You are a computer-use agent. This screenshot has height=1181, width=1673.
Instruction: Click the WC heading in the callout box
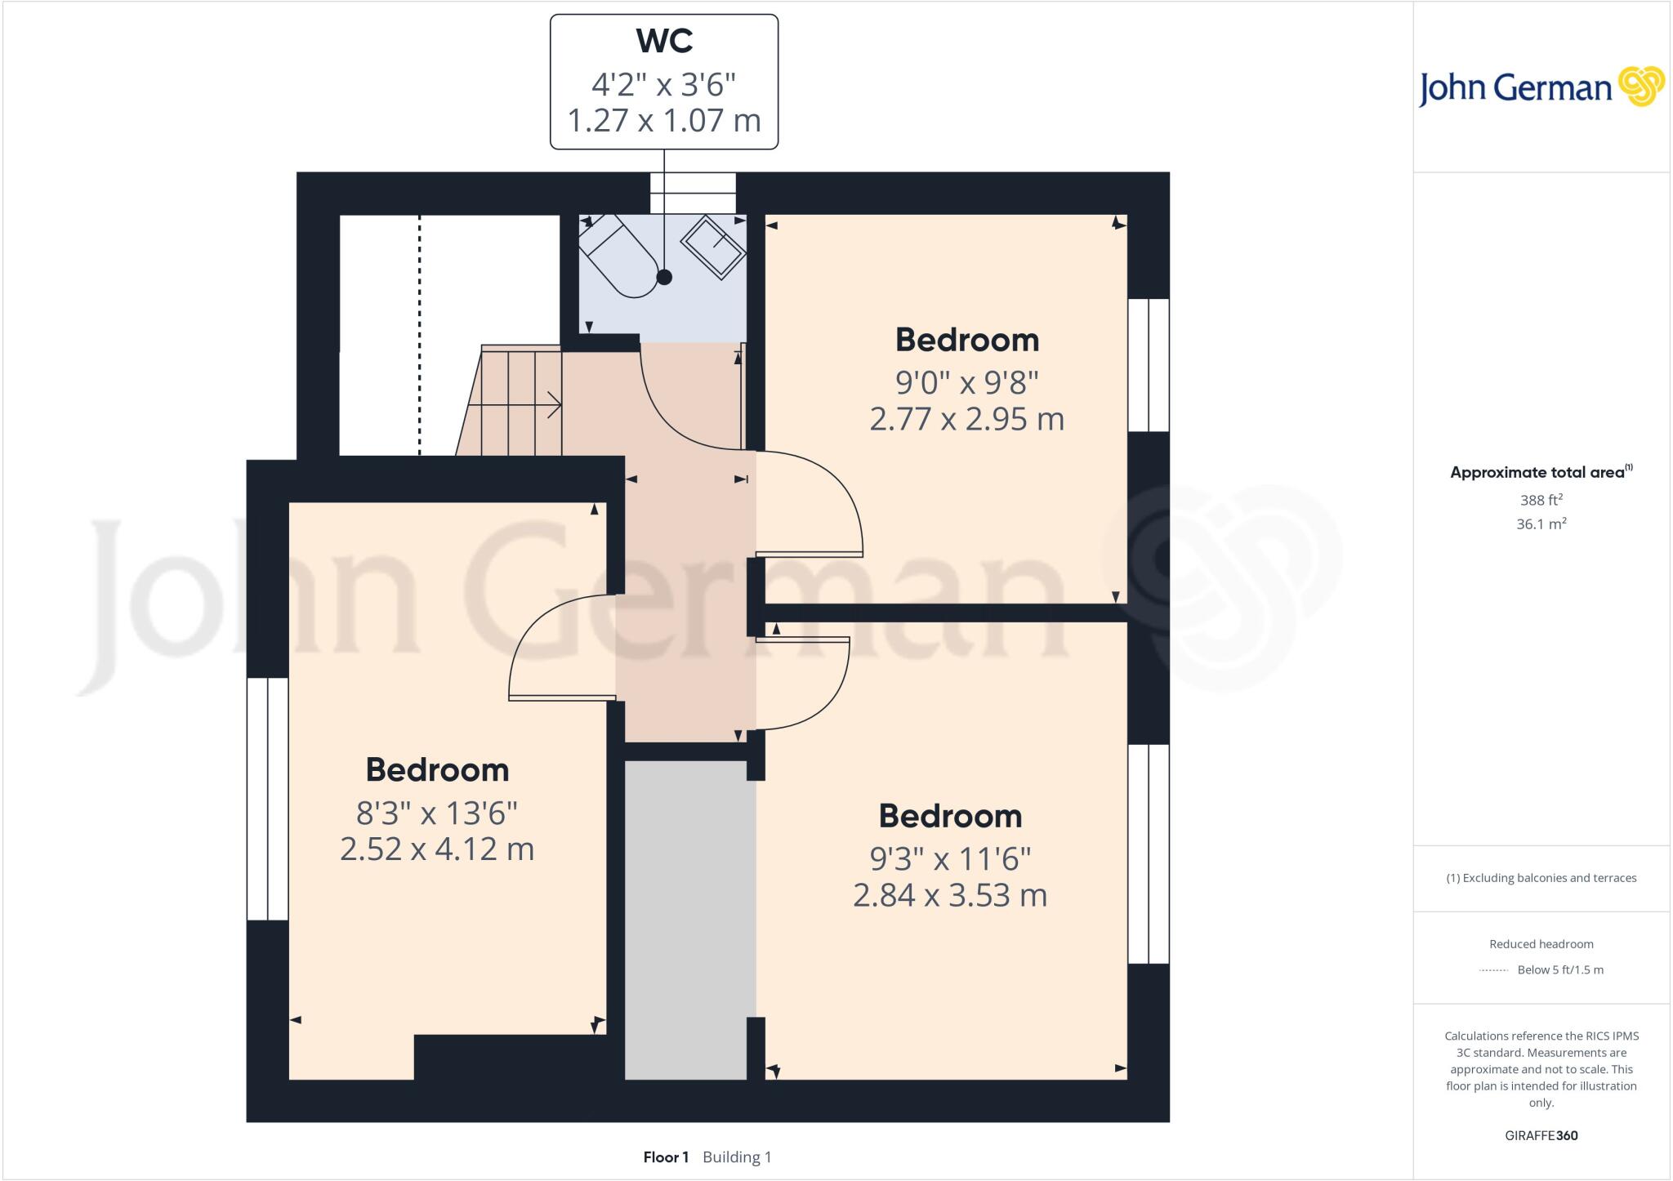click(x=664, y=42)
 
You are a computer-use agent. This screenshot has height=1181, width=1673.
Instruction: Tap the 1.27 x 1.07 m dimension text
click(x=664, y=121)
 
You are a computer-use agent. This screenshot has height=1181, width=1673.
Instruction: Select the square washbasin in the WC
click(x=713, y=247)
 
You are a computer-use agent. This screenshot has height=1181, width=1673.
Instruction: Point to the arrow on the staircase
click(x=552, y=404)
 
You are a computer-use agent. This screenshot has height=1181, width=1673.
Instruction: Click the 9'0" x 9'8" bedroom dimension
click(x=966, y=381)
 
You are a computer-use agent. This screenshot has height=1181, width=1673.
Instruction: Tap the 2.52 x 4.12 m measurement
click(x=437, y=849)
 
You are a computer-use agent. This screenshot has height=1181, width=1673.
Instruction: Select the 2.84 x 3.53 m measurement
click(x=950, y=896)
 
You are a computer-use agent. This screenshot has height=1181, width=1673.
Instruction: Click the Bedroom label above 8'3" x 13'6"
click(x=437, y=770)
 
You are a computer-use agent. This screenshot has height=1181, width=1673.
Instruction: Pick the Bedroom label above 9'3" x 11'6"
click(x=950, y=816)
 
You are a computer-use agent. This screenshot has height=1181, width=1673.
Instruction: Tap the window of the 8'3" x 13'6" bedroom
click(x=267, y=799)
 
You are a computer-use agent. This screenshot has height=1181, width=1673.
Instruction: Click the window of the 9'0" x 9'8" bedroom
click(x=1149, y=364)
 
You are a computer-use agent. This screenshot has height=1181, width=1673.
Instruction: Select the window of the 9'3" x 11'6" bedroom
click(x=1149, y=853)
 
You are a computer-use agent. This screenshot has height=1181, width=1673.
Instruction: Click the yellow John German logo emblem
click(x=1640, y=87)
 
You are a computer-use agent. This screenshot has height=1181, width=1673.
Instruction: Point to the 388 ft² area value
click(x=1541, y=500)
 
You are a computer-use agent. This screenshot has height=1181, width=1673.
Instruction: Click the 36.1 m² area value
click(x=1541, y=524)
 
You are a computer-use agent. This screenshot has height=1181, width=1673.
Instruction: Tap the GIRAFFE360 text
click(x=1541, y=1135)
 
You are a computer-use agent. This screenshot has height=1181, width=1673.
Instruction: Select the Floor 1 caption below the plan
click(x=666, y=1157)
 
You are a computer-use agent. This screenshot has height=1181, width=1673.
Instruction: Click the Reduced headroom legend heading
click(x=1541, y=944)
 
